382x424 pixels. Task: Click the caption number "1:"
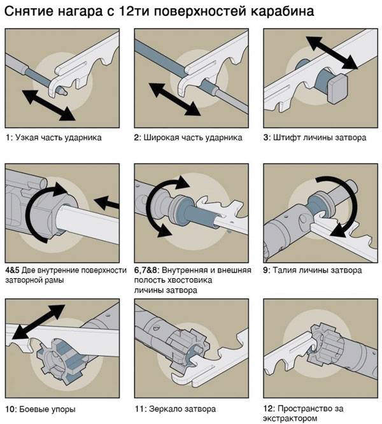pos(10,138)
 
